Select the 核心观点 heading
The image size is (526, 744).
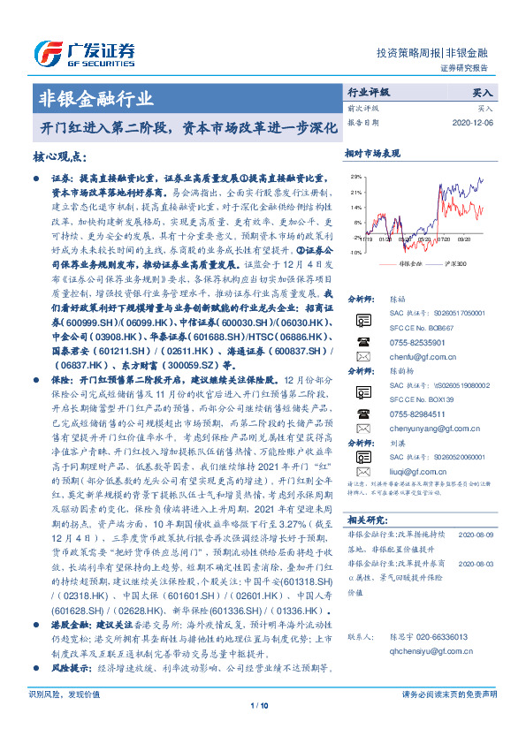64,157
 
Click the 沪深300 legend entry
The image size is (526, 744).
459,264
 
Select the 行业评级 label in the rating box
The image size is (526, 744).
370,91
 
